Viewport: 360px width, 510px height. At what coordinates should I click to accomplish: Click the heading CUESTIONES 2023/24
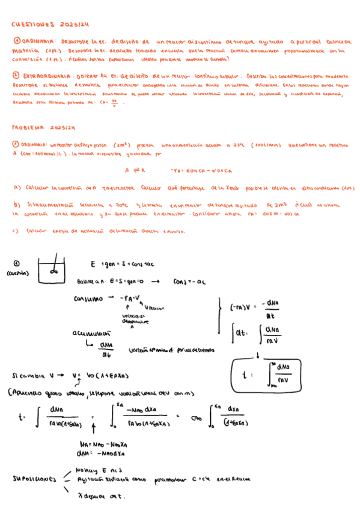point(50,25)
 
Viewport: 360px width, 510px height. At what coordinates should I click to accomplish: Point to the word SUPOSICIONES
point(35,479)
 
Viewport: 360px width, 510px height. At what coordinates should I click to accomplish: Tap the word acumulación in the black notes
point(90,332)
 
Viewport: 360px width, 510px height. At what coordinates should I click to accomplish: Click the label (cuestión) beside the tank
point(19,274)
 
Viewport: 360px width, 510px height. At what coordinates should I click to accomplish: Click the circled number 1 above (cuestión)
point(16,263)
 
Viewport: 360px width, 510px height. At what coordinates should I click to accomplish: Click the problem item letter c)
point(15,231)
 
